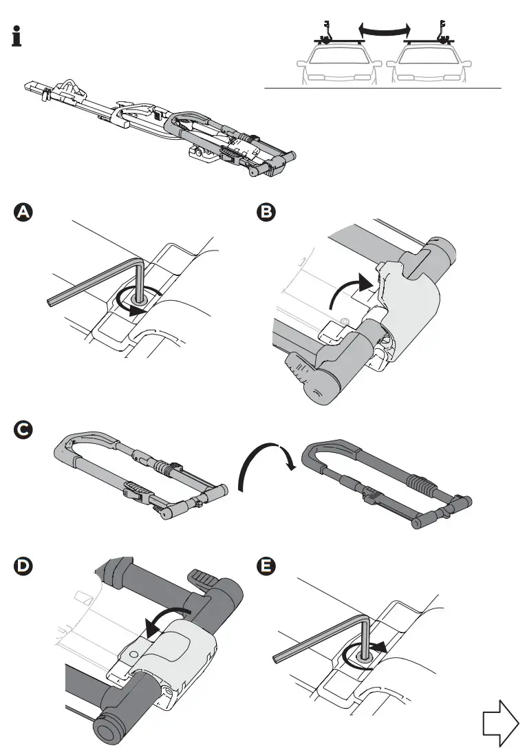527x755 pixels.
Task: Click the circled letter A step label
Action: (23, 213)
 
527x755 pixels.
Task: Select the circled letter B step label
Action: (263, 213)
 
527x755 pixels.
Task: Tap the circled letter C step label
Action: (23, 430)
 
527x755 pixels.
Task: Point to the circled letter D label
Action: (23, 566)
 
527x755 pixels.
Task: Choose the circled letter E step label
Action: (263, 566)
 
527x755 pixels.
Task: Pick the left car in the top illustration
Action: (338, 65)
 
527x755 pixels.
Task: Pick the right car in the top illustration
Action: (430, 65)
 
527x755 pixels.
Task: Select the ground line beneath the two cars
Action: (383, 89)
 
